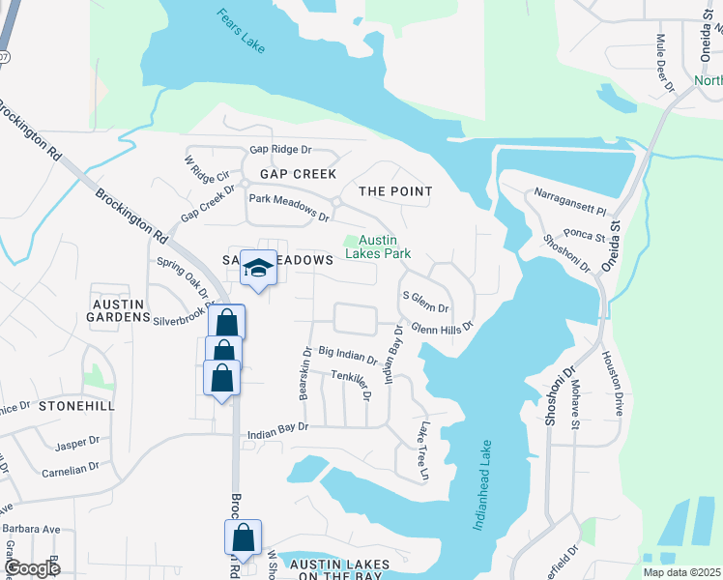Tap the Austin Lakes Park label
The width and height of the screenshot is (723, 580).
coord(385,246)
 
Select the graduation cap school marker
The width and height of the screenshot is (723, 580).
coord(258,269)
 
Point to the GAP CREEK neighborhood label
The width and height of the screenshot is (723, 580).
coord(298,174)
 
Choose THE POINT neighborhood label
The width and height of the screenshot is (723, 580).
coord(395,191)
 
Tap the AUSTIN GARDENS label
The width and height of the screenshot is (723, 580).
coord(118,310)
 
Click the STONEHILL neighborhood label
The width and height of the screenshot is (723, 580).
coord(76,406)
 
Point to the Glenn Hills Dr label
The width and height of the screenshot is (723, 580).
coord(442,328)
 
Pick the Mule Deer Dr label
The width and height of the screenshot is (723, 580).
coord(665,63)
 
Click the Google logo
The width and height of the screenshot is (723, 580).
coord(31,567)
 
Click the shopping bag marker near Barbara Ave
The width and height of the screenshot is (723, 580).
coord(244,538)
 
